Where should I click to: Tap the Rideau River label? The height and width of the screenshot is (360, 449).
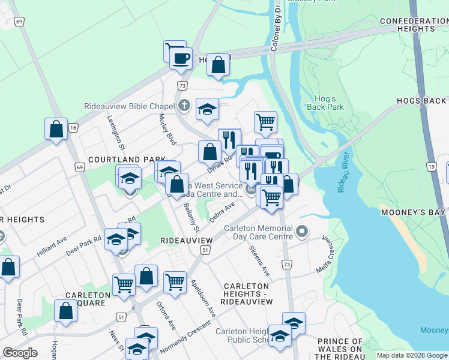pyautogui.click(x=343, y=179)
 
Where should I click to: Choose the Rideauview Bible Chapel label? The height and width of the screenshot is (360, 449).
pyautogui.click(x=129, y=106)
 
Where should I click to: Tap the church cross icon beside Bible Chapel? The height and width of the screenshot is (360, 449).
pyautogui.click(x=185, y=106)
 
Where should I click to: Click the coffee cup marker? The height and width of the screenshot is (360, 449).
pyautogui.click(x=181, y=58)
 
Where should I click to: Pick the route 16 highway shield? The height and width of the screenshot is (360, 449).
pyautogui.click(x=73, y=128)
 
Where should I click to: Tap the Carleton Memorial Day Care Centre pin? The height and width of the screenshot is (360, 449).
pyautogui.click(x=302, y=231)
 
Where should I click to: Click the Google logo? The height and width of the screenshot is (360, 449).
pyautogui.click(x=20, y=353)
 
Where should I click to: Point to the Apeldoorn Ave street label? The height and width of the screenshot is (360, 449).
pyautogui.click(x=202, y=298)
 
